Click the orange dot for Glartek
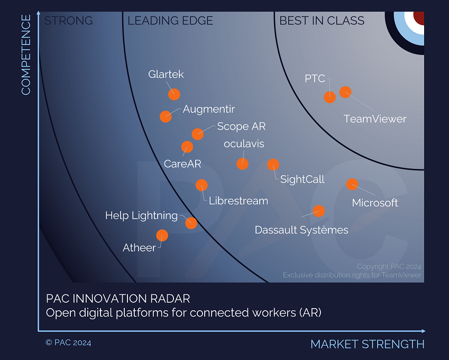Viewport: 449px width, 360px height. click(174, 94)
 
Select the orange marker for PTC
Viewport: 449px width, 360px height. click(329, 97)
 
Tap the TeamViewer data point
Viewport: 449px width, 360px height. click(345, 92)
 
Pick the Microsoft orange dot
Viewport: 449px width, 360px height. click(352, 184)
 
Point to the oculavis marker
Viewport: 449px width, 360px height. click(242, 164)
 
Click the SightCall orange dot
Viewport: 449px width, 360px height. click(273, 165)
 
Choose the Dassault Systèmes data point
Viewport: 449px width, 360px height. click(318, 211)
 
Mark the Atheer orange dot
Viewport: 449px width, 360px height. click(162, 235)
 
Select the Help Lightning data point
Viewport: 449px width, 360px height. click(191, 223)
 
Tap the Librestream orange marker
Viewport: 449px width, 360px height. click(201, 185)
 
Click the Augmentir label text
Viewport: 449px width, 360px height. click(208, 110)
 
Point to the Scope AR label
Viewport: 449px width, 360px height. click(241, 127)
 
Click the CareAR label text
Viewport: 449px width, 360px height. click(182, 164)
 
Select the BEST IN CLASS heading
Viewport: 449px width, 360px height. click(322, 21)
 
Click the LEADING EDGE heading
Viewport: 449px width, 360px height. click(170, 21)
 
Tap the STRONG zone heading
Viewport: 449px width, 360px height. click(68, 21)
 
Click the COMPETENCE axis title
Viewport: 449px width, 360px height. click(26, 55)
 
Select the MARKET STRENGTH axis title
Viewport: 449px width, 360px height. click(367, 344)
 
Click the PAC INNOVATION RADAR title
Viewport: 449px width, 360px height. click(118, 299)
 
